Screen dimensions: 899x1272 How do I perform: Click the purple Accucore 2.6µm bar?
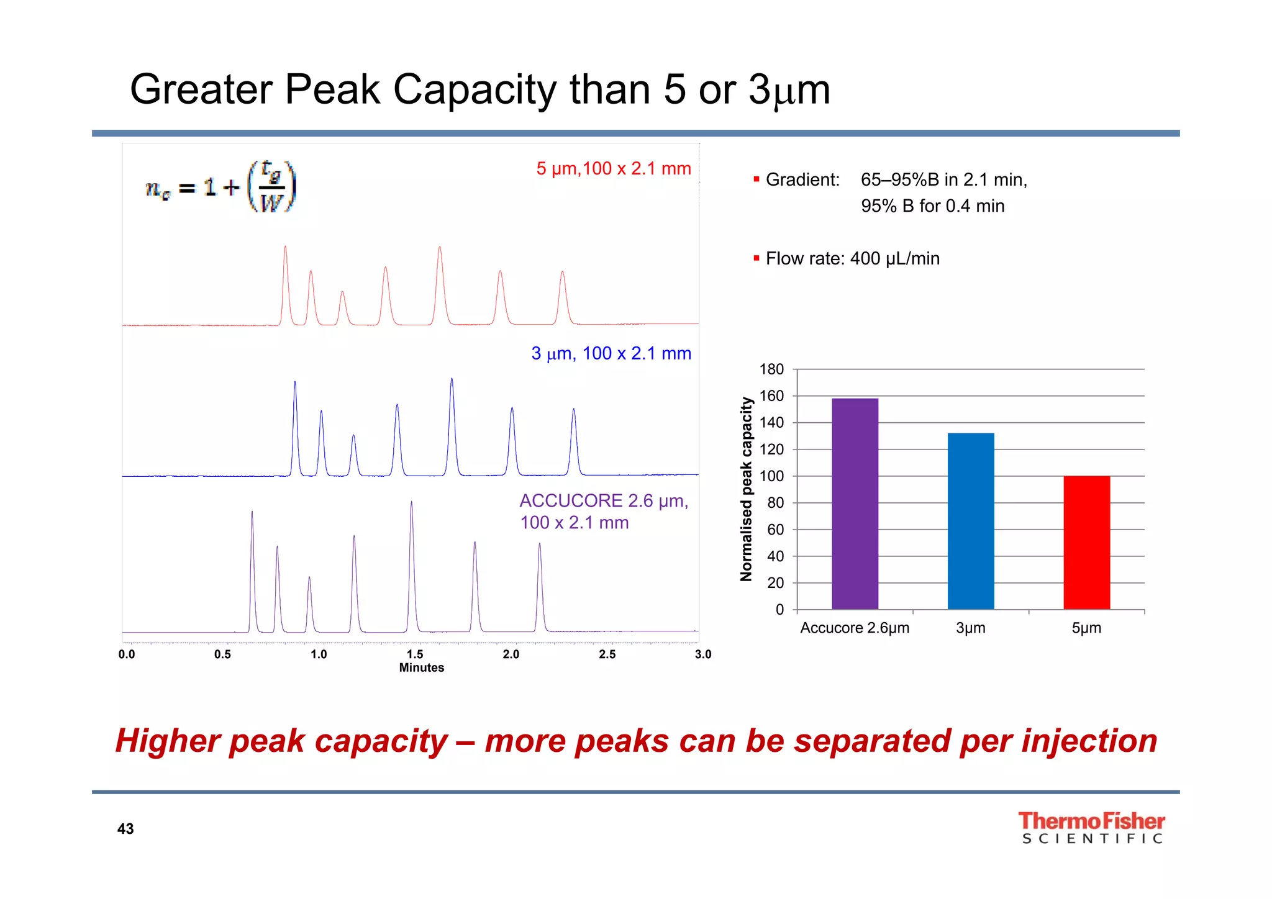(x=855, y=504)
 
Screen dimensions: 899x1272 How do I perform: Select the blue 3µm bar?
(x=971, y=521)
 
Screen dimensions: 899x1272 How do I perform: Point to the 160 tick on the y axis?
(x=771, y=396)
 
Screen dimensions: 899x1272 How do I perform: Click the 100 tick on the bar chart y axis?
(x=771, y=476)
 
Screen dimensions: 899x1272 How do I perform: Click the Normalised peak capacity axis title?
(x=746, y=489)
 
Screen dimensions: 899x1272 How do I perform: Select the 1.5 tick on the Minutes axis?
(x=415, y=654)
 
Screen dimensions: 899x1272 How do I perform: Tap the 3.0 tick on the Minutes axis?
(x=703, y=654)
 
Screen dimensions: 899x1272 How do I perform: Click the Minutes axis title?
(x=421, y=667)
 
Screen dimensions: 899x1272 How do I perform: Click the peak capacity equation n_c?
(x=220, y=187)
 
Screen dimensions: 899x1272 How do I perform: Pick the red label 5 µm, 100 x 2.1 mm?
(x=613, y=168)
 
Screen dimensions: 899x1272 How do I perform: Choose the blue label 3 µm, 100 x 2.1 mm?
(x=611, y=353)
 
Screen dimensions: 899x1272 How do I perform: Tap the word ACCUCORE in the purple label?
(x=571, y=500)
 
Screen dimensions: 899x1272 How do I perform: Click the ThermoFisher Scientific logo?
(x=1091, y=828)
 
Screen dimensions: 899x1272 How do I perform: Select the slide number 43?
(x=125, y=829)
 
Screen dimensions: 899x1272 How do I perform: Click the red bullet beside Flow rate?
(x=756, y=258)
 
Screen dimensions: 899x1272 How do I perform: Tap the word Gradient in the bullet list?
(x=802, y=180)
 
